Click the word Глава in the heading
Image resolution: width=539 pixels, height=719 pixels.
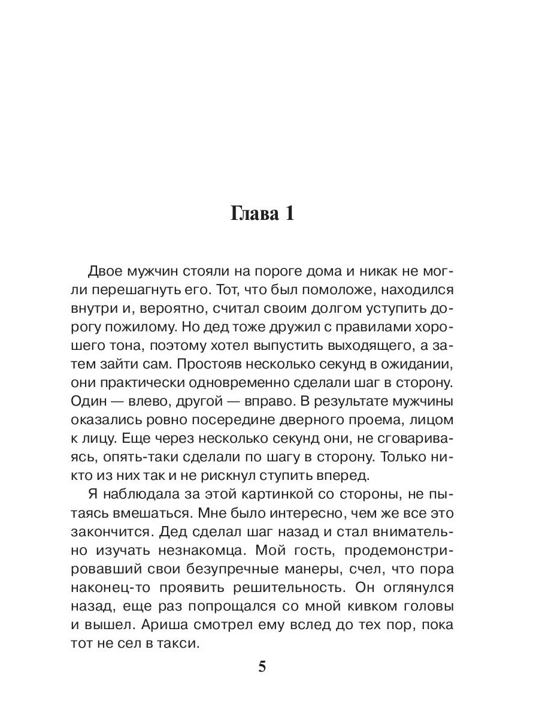[252, 214]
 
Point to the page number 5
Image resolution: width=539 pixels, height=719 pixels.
[261, 667]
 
